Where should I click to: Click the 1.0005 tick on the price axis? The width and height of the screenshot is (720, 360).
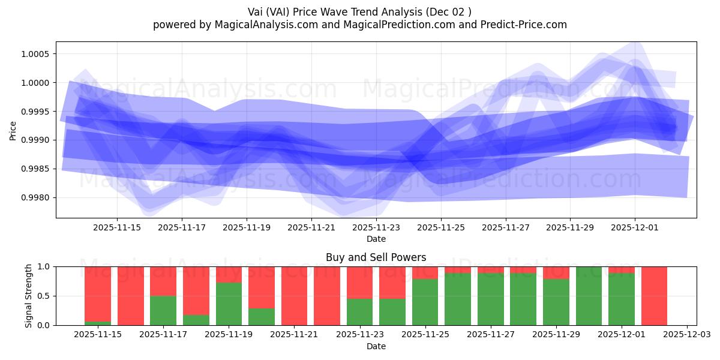point(38,54)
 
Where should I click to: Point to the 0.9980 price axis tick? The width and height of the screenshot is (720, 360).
point(38,197)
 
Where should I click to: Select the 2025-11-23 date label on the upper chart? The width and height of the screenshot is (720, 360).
point(376,228)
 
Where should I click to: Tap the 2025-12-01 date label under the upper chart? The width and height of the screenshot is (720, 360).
point(635,228)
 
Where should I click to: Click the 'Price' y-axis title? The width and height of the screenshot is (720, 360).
point(13,130)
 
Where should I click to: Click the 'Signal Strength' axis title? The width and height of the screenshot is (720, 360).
point(29,296)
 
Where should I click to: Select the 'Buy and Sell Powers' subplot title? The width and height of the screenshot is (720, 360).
point(376,257)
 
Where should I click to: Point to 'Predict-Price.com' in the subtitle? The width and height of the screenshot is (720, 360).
point(525,25)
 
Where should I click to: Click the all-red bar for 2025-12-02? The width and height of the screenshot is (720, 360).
point(654,296)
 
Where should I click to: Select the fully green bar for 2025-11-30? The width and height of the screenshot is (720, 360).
point(589,296)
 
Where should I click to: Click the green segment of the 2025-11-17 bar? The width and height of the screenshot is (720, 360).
point(163,310)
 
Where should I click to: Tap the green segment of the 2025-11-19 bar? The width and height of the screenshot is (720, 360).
point(229,304)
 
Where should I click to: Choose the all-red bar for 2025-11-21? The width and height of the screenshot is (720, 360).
point(294,296)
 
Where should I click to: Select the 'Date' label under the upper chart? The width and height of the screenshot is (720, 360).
point(376,239)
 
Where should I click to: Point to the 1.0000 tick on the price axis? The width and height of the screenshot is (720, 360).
point(38,83)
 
